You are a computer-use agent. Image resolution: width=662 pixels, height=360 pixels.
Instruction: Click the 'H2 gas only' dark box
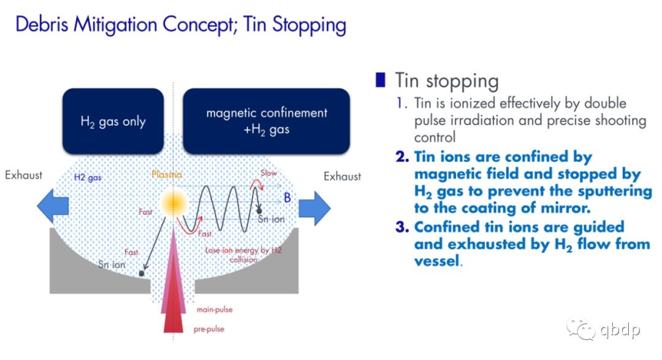coord(113,121)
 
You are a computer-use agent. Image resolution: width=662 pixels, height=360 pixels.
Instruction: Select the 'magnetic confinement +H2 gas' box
coord(267,121)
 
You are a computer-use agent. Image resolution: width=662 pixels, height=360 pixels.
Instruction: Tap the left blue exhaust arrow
coord(53,206)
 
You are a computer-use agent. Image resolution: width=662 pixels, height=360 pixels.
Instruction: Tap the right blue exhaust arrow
coord(314,208)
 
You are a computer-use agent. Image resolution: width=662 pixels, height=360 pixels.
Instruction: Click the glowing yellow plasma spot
coord(173,203)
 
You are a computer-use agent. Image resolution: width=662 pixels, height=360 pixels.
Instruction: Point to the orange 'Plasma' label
coord(167,174)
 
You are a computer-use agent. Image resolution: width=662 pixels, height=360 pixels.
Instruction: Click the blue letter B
coord(287,197)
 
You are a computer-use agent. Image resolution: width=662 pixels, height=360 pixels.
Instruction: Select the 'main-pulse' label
coord(215,310)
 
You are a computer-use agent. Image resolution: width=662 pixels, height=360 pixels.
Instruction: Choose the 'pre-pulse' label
coord(209,329)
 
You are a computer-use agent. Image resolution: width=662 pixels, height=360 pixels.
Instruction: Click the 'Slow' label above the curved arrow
coord(268,173)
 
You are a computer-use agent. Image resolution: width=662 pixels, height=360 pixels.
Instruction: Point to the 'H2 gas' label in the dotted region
coord(88,177)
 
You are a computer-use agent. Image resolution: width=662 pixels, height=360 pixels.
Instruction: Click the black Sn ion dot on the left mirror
coord(142,274)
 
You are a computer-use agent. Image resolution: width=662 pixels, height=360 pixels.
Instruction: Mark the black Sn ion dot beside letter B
coord(259,210)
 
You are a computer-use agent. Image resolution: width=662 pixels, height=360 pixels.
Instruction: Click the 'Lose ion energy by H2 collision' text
coord(243,255)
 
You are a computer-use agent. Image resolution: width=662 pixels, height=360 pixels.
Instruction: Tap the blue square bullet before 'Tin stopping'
coord(381,80)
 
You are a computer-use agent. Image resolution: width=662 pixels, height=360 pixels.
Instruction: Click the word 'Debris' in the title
coord(42,24)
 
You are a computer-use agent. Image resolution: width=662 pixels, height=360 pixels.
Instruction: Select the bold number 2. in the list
coord(402,157)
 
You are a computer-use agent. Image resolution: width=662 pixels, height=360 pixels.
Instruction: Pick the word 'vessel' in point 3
coord(436,261)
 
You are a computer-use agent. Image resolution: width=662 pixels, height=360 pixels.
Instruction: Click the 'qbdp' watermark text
coord(620,330)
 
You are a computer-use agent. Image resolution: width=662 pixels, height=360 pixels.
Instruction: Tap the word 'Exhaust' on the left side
coord(24,175)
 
